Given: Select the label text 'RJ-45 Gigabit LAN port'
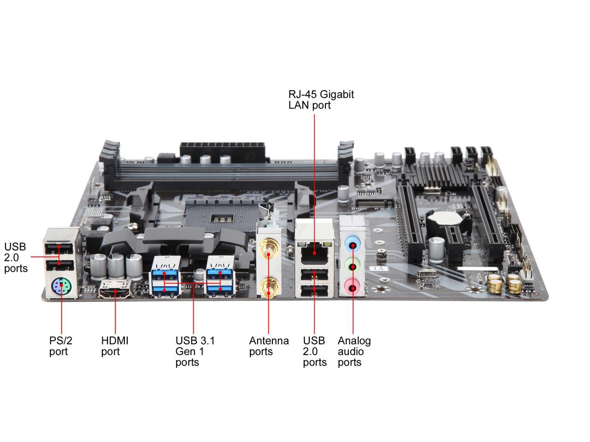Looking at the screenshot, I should (x=321, y=99).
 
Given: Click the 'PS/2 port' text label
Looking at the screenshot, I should (x=61, y=346).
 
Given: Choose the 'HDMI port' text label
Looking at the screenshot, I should (x=115, y=346).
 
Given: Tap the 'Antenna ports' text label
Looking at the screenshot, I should (x=269, y=346).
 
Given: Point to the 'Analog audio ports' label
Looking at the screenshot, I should (x=354, y=351).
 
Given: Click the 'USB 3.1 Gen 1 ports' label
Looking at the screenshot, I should (x=195, y=351).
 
